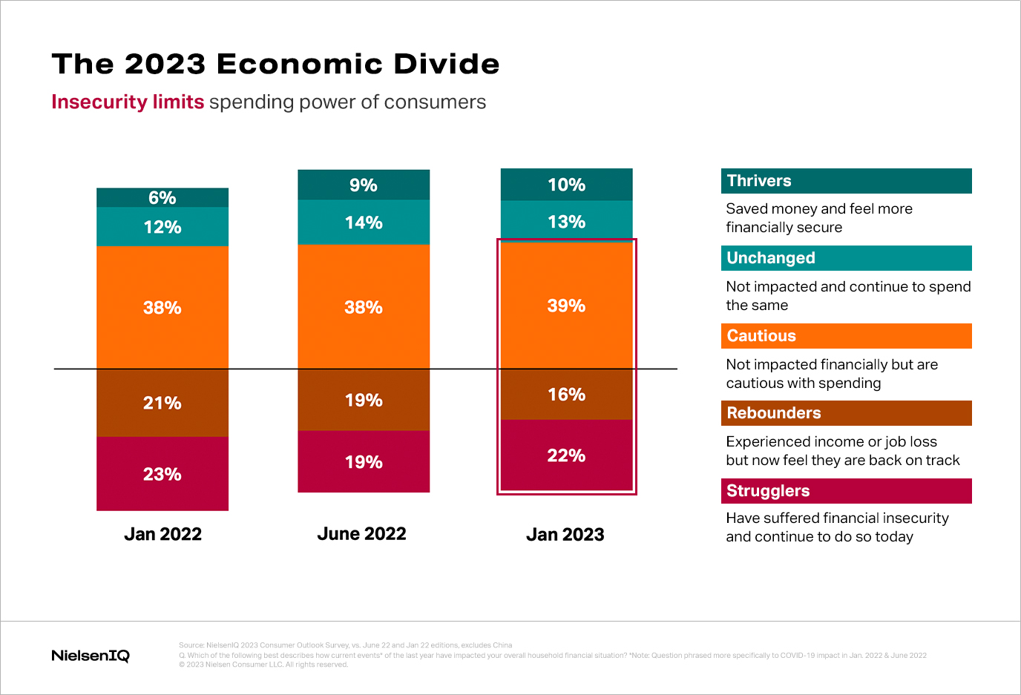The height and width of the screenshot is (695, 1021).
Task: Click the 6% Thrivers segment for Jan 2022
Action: [x=162, y=197]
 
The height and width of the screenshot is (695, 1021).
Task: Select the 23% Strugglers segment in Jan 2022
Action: [x=162, y=474]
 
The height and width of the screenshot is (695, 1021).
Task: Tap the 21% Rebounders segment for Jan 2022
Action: [x=162, y=403]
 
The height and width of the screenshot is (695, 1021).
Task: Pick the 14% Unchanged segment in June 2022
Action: [x=364, y=223]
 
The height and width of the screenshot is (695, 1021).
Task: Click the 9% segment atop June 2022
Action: [x=364, y=185]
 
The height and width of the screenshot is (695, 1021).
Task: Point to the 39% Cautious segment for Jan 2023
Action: [x=566, y=306]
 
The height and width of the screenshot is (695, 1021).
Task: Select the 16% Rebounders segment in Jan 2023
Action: [x=566, y=395]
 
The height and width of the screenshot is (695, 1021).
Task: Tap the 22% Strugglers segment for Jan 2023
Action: [x=566, y=455]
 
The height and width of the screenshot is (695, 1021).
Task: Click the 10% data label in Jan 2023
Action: [x=566, y=185]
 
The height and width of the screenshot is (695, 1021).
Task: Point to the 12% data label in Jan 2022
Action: [x=162, y=227]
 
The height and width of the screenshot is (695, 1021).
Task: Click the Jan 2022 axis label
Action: [x=162, y=534]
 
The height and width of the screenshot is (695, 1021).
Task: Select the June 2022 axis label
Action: [x=361, y=534]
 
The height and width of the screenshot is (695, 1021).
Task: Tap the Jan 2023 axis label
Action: [x=565, y=535]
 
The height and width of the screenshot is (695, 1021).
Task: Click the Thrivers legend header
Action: [x=846, y=181]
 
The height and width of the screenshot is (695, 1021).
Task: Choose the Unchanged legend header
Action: [x=846, y=258]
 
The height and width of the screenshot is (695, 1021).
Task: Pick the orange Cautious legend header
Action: [x=846, y=336]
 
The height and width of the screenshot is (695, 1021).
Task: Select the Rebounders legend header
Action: [x=846, y=413]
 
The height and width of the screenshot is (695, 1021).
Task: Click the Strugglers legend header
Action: [x=846, y=491]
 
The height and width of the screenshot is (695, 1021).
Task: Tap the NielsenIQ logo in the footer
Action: [x=91, y=656]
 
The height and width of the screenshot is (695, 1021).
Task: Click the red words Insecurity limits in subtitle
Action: [x=128, y=102]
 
